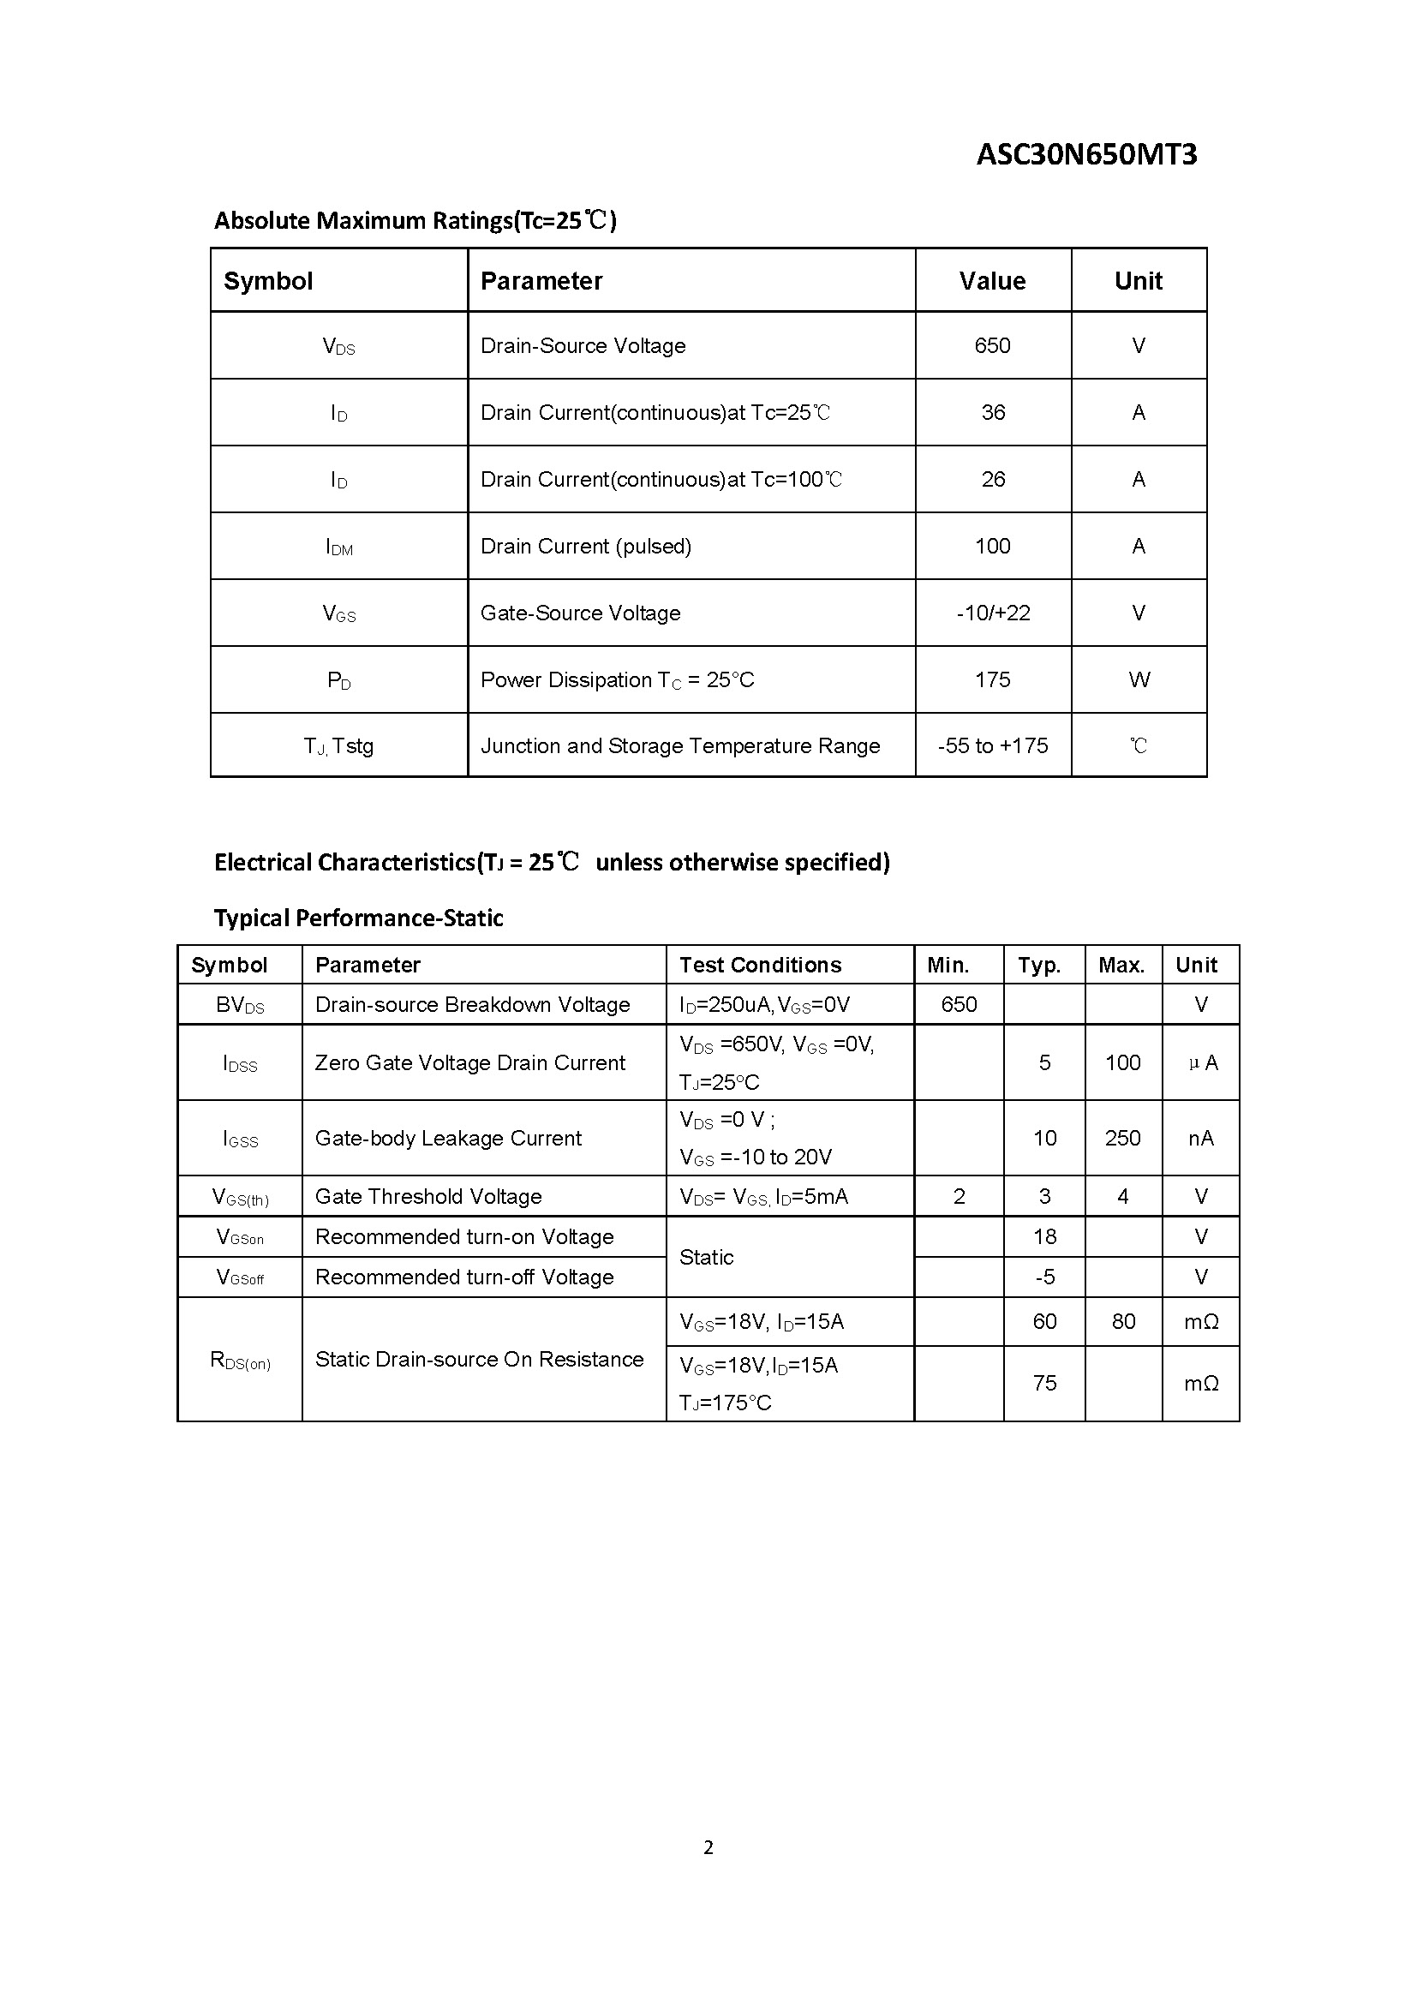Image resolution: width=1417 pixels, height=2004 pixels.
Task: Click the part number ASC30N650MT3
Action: coord(1086,154)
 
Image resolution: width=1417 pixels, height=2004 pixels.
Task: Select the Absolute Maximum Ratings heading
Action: coord(416,220)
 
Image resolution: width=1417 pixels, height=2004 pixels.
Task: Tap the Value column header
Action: coord(992,281)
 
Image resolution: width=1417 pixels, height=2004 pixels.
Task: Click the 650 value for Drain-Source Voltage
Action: coord(992,345)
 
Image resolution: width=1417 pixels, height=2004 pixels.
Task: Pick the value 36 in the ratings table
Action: coord(993,412)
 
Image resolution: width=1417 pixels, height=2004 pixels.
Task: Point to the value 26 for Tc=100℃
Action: coord(993,479)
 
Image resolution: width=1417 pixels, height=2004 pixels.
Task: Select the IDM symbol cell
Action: coord(338,547)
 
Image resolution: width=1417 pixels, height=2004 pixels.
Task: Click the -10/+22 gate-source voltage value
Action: coord(993,613)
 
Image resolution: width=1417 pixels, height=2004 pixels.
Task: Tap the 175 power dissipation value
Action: coord(993,679)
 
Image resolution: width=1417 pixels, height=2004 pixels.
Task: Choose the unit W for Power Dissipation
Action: coord(1139,679)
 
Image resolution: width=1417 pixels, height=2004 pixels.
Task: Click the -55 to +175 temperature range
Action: coord(993,745)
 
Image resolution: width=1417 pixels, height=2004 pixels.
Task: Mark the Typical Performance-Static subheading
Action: coord(359,918)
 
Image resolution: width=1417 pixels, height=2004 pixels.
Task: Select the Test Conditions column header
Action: coord(760,965)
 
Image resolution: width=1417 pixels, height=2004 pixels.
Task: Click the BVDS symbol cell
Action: coord(240,1005)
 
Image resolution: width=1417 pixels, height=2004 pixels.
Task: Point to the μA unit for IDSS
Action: coord(1202,1062)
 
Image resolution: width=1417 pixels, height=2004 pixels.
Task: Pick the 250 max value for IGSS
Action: coord(1122,1138)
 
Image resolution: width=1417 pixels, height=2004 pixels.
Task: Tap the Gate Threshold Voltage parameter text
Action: coord(428,1197)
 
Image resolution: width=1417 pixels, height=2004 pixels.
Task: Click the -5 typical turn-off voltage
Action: coord(1044,1277)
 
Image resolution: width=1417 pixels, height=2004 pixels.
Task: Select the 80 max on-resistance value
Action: coord(1123,1321)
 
